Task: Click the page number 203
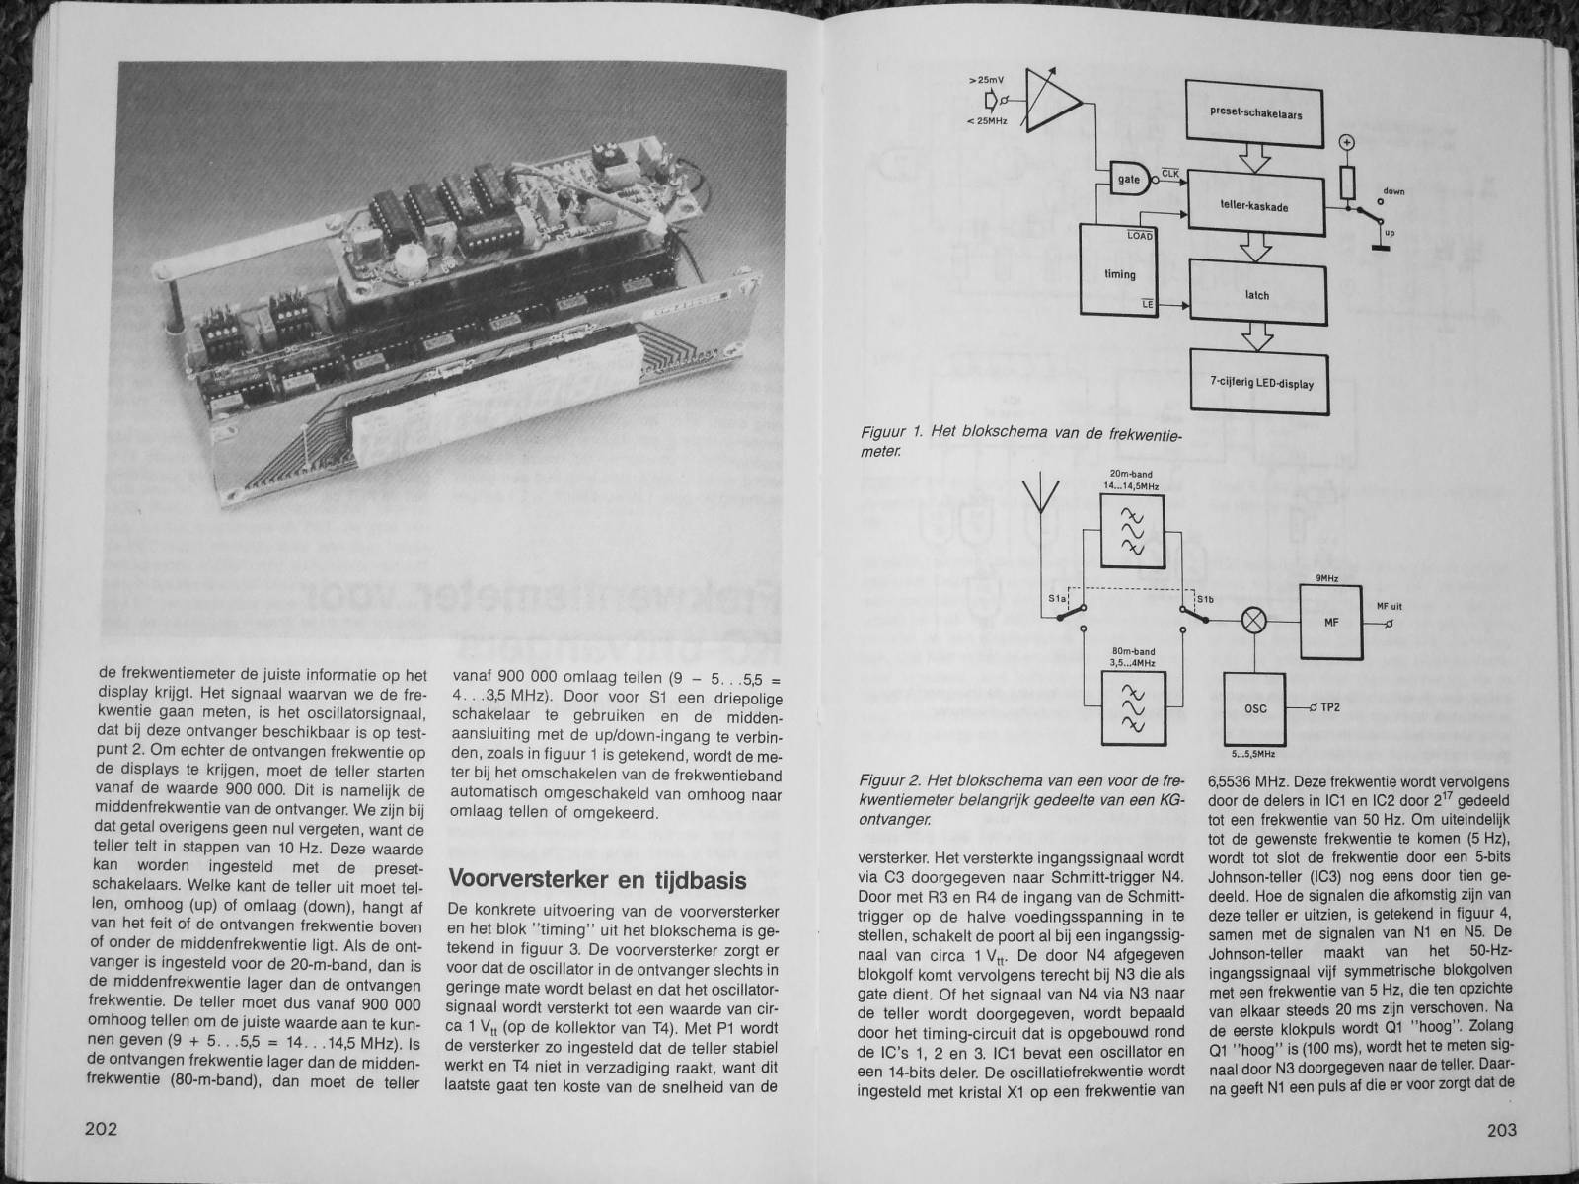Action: point(1501,1132)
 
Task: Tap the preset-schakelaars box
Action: point(1255,114)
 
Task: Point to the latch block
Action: point(1256,295)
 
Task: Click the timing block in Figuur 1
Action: point(1119,275)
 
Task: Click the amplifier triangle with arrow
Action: point(1051,102)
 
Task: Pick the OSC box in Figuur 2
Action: point(1254,708)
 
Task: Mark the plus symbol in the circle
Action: point(1346,143)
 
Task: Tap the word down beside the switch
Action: point(1393,190)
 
